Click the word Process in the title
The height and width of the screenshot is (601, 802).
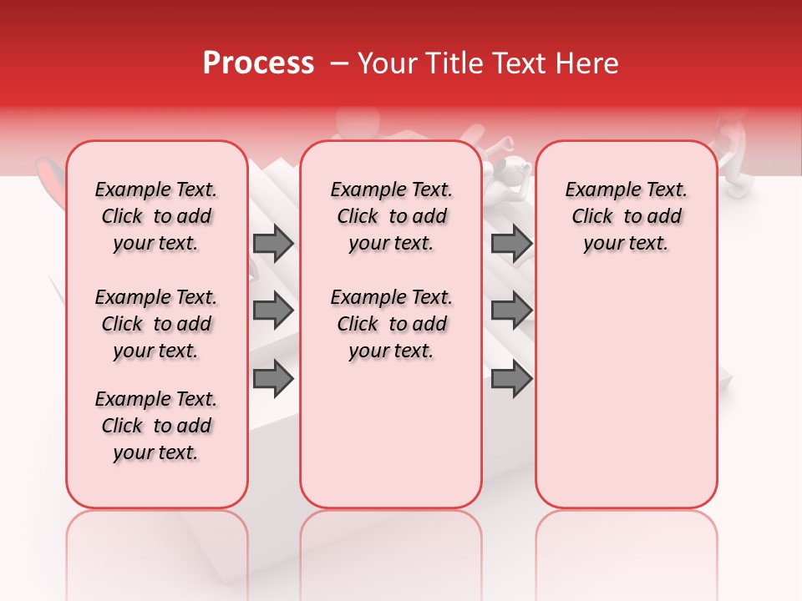258,63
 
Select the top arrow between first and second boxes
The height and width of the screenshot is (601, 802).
273,244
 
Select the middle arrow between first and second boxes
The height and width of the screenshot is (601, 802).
273,311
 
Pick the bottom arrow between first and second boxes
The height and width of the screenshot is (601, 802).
273,379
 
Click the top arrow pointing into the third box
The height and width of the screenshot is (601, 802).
511,244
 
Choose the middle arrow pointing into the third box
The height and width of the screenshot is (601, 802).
511,311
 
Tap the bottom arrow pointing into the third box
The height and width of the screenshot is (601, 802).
511,379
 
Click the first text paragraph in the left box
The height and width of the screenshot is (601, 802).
156,216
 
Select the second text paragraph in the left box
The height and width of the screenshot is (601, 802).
156,324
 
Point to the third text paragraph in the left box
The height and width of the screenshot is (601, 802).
156,426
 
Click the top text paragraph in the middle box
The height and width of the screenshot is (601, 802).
391,216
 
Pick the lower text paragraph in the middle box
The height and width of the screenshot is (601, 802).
391,324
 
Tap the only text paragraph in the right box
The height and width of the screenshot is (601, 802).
627,216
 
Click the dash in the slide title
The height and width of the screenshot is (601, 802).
339,63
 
